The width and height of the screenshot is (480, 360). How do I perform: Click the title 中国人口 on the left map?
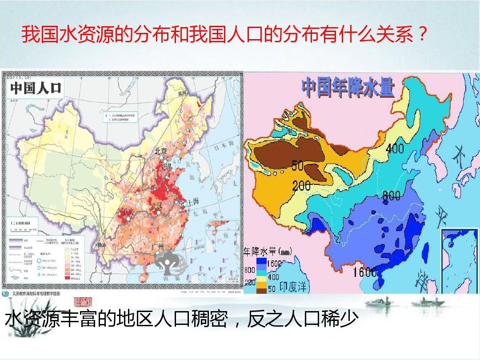[36, 87]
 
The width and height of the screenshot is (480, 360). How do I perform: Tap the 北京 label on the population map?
[161, 152]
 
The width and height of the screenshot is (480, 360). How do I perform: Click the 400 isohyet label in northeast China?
[395, 148]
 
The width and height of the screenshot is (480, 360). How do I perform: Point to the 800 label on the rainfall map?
[391, 195]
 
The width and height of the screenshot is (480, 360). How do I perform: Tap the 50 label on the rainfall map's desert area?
[297, 166]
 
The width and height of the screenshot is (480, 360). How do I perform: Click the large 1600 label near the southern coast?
[365, 272]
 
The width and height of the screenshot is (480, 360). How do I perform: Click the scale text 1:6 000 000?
[18, 223]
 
